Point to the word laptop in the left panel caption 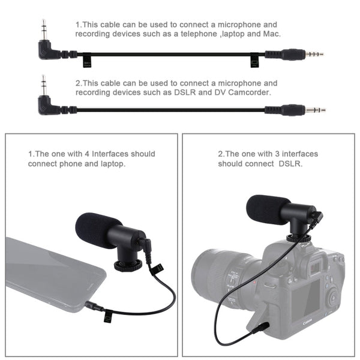[x=112, y=164]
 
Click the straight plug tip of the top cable [x=314, y=54]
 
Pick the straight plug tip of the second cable [x=316, y=110]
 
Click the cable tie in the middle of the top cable [x=254, y=59]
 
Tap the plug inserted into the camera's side [x=262, y=328]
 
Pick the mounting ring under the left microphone [x=127, y=264]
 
